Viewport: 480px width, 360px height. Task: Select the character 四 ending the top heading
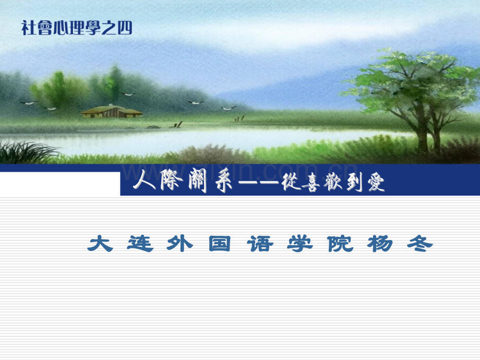(x=126, y=28)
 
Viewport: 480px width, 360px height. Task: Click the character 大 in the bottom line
(x=101, y=244)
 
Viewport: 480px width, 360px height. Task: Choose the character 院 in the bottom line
(x=341, y=244)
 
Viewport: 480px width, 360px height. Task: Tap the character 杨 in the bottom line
(x=380, y=244)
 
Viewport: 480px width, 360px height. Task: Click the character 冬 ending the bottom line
(x=421, y=244)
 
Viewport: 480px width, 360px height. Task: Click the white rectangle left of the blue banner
(x=60, y=184)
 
